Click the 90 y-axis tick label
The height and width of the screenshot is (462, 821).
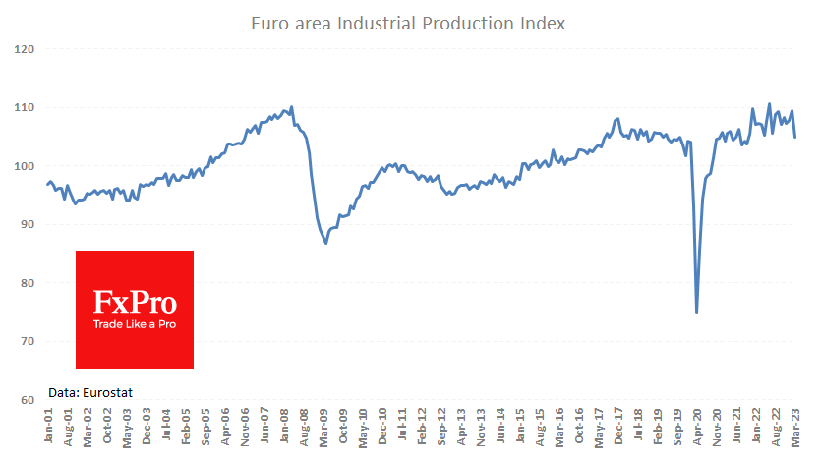28,224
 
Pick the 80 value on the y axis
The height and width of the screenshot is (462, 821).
28,283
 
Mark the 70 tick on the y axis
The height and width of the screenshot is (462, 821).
28,341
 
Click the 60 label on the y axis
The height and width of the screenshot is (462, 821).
28,400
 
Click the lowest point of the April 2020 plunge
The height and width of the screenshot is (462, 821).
696,313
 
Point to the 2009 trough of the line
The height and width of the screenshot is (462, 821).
325,243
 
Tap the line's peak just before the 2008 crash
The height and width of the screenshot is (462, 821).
292,106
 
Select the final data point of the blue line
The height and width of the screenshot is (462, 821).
794,137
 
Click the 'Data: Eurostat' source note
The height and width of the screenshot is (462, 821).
90,392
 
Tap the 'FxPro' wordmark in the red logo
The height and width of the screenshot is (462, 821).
135,301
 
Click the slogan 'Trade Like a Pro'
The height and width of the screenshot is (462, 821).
135,323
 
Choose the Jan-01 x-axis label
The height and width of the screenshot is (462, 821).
48,429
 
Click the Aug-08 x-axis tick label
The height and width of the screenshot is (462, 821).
302,429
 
